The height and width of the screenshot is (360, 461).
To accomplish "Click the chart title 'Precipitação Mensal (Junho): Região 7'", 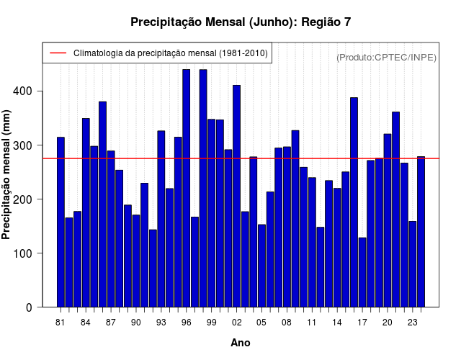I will [x=241, y=22].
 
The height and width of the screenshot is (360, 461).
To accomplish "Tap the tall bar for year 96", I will [x=187, y=188].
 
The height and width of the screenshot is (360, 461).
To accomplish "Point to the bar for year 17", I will [x=362, y=272].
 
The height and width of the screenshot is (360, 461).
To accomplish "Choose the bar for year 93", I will [x=161, y=219].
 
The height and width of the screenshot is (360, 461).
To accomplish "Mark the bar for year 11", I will [x=312, y=242].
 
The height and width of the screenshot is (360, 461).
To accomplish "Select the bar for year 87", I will [x=111, y=229].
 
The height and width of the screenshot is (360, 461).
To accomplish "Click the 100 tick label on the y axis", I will [x=32, y=253].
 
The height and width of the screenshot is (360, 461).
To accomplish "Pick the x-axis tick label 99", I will [x=212, y=323].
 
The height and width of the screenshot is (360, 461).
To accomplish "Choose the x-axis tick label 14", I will [x=337, y=323].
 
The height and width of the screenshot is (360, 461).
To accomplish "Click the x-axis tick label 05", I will [x=262, y=323].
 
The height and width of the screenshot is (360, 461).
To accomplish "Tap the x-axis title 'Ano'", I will [x=241, y=343].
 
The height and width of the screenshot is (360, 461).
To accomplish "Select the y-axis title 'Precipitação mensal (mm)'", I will [x=7, y=175].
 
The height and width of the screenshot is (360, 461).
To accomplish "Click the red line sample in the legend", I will [x=58, y=53].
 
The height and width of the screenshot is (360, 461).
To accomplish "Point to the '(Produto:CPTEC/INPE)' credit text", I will [x=387, y=57].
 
